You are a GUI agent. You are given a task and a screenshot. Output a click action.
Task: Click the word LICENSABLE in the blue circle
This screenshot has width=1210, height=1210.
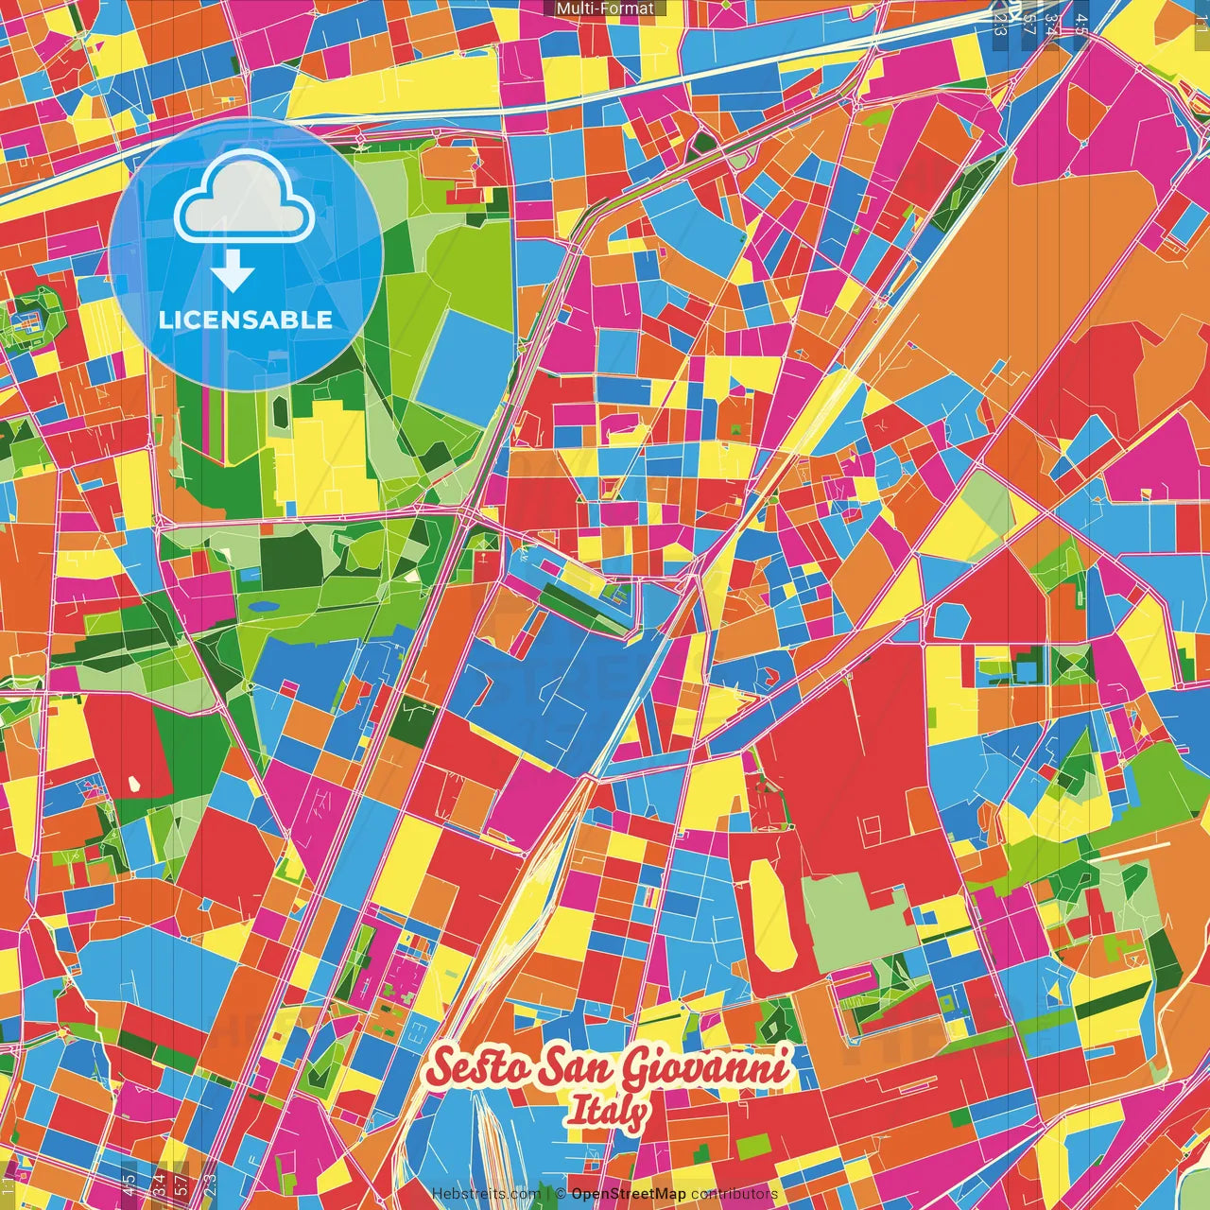pyautogui.click(x=246, y=320)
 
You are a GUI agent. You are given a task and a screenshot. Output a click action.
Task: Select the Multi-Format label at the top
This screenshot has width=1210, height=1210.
pyautogui.click(x=605, y=9)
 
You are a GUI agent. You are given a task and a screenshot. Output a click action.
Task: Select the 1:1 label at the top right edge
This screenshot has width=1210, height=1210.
pyautogui.click(x=1201, y=17)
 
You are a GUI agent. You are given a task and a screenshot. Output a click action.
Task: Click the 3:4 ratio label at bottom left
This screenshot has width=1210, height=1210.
pyautogui.click(x=159, y=1182)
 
